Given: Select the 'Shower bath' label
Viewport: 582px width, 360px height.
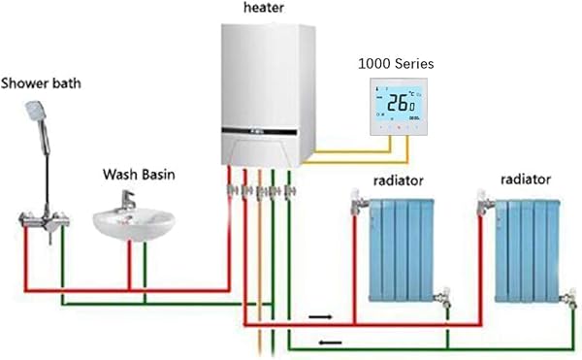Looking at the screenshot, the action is click(x=40, y=82).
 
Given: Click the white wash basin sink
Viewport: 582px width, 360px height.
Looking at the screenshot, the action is click(x=134, y=222).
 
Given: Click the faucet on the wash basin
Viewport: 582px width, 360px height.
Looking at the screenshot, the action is click(x=126, y=199).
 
